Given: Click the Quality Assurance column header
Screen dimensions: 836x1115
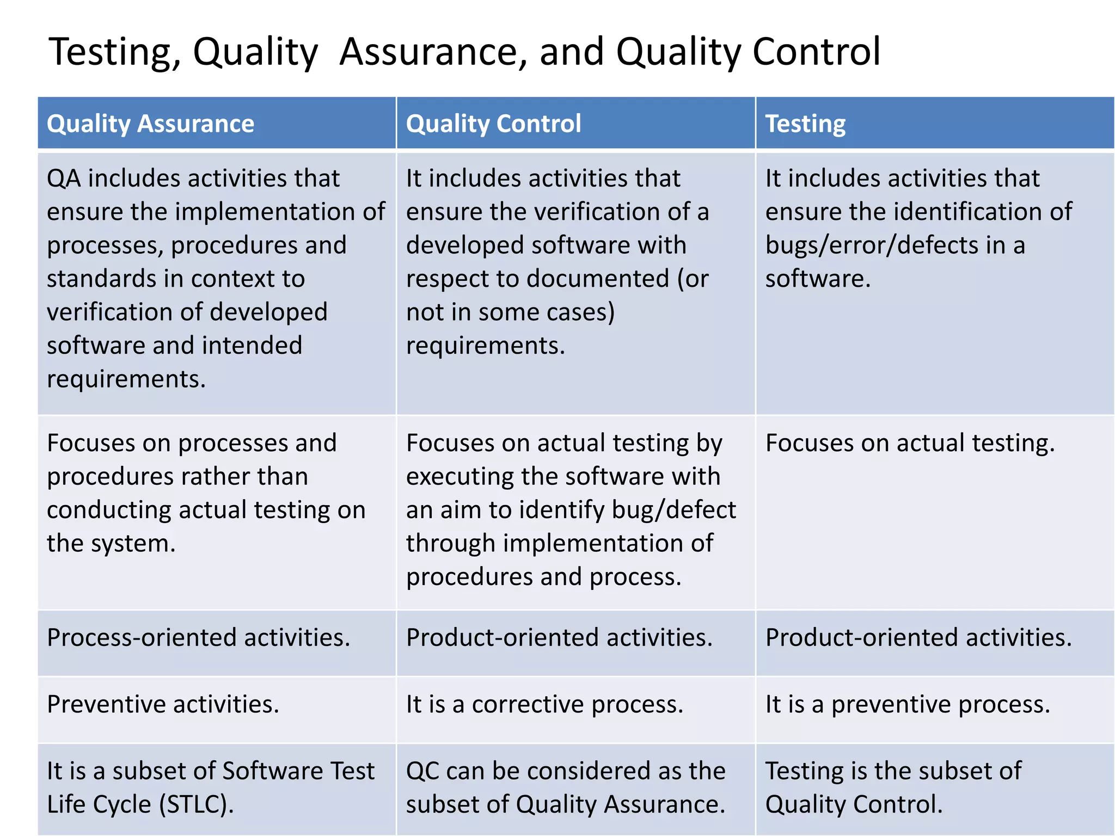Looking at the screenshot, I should [x=150, y=124].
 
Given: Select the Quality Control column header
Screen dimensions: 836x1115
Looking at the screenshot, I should [x=493, y=124].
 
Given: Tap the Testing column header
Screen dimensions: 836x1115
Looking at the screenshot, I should [x=805, y=124].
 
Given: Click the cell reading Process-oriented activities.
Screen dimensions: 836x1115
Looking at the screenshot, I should [x=198, y=637].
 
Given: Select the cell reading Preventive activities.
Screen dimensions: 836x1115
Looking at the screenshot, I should [x=163, y=704].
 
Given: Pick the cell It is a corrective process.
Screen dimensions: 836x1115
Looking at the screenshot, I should [x=544, y=704].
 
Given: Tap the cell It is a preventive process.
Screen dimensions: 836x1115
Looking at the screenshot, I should [x=908, y=704].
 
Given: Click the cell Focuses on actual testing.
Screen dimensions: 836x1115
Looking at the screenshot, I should [x=910, y=443].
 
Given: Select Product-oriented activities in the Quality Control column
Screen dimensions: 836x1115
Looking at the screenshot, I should [x=559, y=637].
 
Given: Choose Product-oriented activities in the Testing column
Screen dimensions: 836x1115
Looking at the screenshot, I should [x=918, y=637].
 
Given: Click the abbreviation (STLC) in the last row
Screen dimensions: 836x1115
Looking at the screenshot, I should [x=196, y=804].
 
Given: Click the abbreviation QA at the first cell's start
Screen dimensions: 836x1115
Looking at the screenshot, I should [x=64, y=179].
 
